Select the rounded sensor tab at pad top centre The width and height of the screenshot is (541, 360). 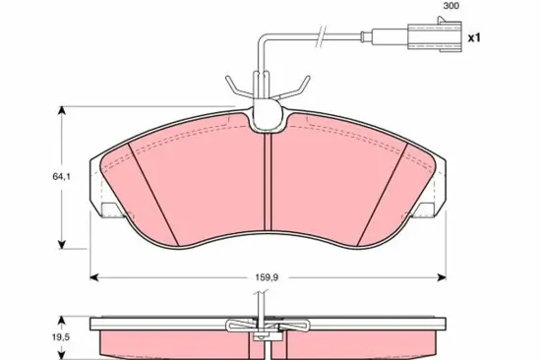coord(270,119)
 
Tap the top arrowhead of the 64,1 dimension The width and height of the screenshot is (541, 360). coord(65,112)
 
